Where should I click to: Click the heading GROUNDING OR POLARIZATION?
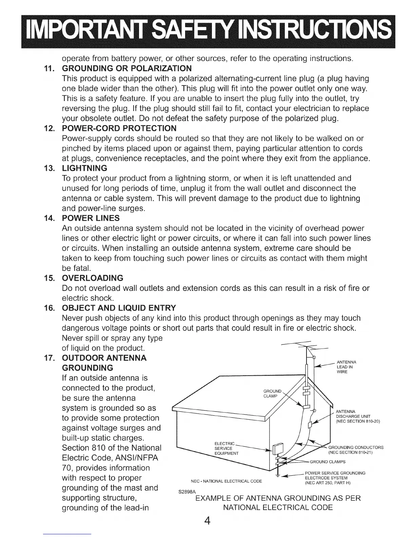(127, 69)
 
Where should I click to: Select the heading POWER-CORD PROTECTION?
(119, 128)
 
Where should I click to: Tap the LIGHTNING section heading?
(84, 168)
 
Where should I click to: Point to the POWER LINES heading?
(91, 218)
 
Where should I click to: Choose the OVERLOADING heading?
(93, 278)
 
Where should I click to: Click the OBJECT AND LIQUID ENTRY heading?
(119, 308)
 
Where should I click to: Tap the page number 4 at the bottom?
(207, 520)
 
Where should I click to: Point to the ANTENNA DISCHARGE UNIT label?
(357, 417)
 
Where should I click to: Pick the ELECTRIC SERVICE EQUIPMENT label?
(226, 449)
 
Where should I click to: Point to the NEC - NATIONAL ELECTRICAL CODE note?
(226, 481)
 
